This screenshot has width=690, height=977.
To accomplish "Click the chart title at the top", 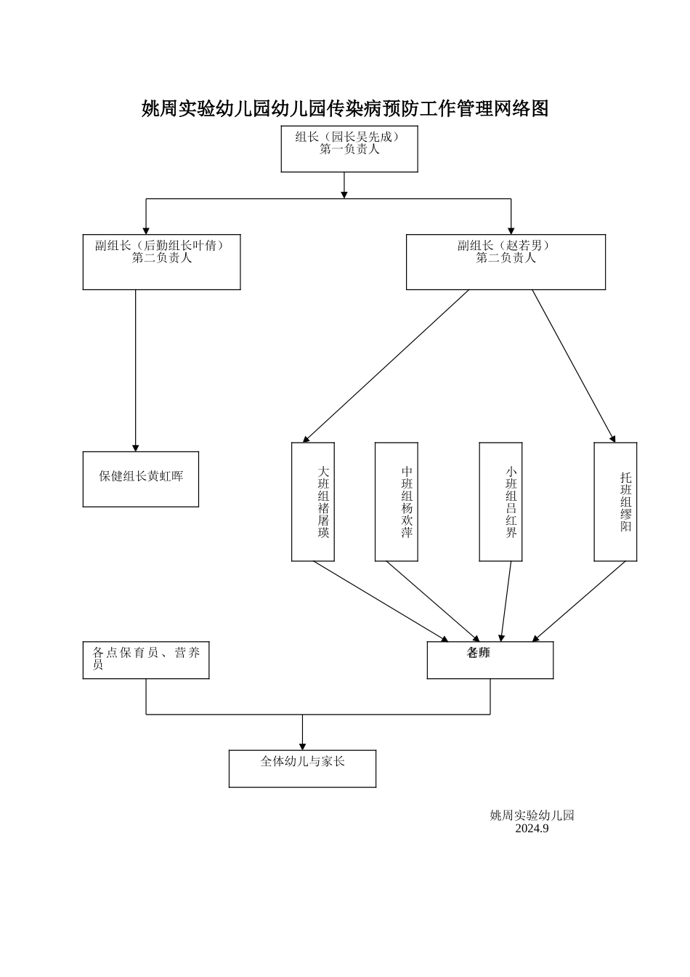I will pos(344,109).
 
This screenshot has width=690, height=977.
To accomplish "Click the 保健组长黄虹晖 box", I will pos(140,479).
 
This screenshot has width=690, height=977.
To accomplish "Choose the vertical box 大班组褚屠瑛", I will pos(313,502).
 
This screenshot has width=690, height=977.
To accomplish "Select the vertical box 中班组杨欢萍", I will pos(397,502).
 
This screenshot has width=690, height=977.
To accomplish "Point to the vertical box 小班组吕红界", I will pos(501,502).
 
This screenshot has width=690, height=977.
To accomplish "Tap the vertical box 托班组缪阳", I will pos(615,502).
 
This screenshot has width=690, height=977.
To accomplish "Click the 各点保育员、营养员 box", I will pos(146,660).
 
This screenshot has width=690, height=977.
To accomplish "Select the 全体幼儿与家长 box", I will pos(302,768).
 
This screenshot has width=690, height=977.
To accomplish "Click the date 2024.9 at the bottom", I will pos(532,829).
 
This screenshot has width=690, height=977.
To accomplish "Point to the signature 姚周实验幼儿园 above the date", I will pos(532,816).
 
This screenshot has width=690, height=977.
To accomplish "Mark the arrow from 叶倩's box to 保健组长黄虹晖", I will pos(135,371).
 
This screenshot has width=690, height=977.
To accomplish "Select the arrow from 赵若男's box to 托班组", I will pos(574,366).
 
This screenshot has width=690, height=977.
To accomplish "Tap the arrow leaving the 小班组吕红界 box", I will pos(506,600).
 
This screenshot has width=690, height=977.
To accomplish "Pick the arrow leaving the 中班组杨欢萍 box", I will pos(431,600).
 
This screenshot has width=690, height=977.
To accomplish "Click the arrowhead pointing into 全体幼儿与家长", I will pos(302,745).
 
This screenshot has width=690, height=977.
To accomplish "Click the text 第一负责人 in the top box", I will pos(349,150).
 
